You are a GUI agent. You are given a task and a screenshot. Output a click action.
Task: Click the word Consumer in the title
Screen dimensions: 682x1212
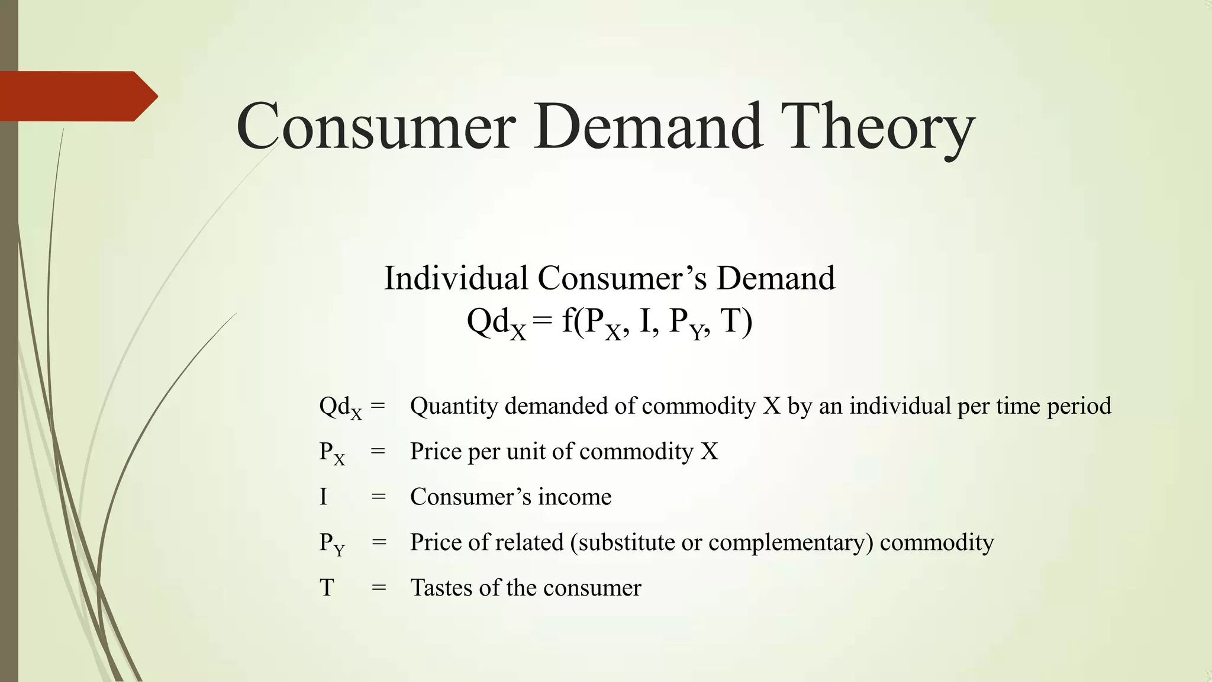pos(376,126)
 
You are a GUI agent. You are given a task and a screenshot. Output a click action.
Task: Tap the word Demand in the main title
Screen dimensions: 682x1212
pos(647,126)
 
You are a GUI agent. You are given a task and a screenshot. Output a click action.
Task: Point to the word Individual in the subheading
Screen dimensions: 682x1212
pos(456,278)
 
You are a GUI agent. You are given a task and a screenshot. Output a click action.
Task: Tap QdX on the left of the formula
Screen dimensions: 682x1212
pos(496,323)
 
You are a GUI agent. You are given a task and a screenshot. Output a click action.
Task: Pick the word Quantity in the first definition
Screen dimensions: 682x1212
pos(454,407)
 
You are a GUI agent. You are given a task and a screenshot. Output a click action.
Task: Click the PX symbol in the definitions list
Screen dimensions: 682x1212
pos(331,453)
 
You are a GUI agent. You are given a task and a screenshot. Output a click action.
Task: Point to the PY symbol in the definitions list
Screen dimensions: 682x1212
pos(331,543)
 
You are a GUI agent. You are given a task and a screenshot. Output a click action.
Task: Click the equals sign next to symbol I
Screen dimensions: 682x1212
pos(378,497)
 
